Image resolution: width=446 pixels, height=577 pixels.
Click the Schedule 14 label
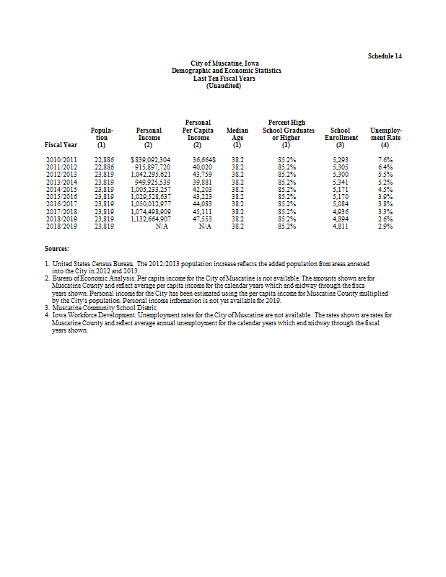385,56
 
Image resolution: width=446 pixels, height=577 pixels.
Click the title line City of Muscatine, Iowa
226,64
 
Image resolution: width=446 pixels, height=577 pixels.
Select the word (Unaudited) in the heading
226,86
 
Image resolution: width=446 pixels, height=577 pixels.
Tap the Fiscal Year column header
61,144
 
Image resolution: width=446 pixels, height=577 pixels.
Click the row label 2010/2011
61,158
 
